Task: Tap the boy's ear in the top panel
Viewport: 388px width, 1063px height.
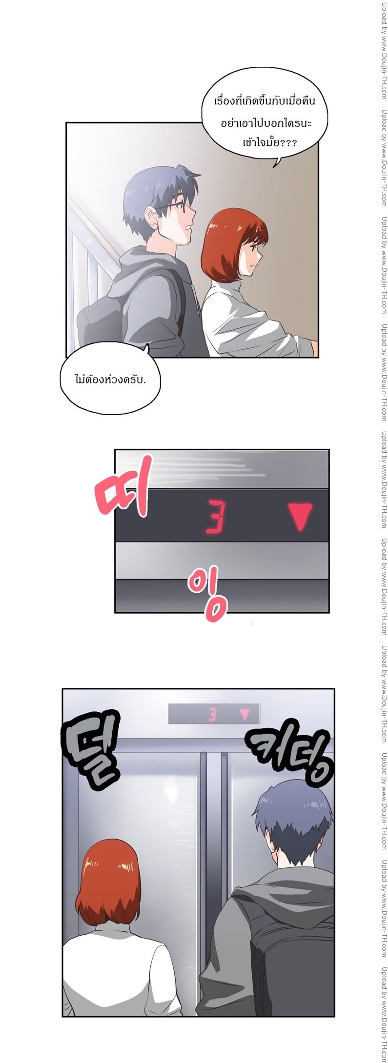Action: (151, 216)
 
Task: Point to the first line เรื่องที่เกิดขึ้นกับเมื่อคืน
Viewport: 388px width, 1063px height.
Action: (265, 101)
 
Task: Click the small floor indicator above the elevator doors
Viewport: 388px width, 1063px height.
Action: (214, 714)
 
